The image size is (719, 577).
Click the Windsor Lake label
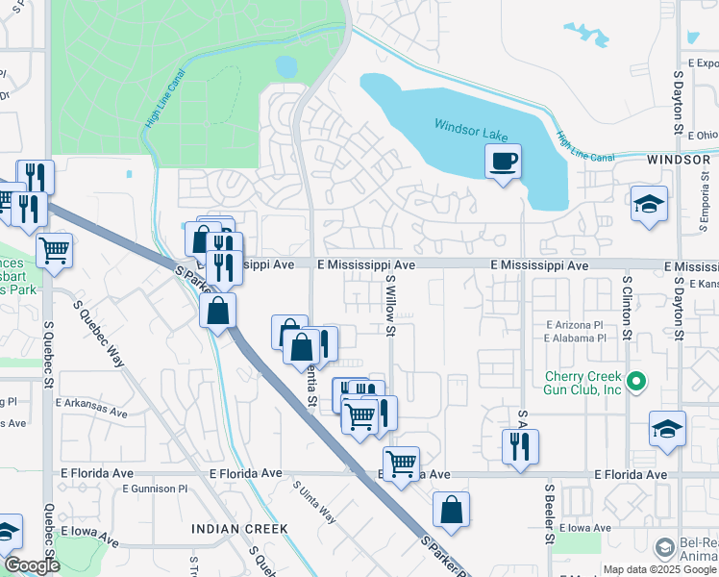coord(469,126)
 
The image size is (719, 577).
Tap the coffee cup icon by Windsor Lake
coord(502,161)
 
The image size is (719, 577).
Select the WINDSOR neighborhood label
coord(679,160)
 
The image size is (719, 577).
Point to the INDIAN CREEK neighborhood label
coord(238,529)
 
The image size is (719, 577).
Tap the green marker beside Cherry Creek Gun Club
coord(635,383)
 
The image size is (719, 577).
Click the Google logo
coord(32,565)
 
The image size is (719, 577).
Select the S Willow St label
coord(391,306)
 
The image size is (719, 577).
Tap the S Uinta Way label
coord(314,503)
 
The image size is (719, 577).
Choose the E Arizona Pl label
coord(575,325)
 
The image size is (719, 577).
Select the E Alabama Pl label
coord(575,338)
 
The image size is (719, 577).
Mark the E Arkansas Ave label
coord(91,412)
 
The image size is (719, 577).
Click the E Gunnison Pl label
coord(155,489)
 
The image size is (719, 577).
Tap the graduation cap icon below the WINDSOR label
coord(650,205)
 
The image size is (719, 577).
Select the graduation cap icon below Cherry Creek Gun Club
coord(667,429)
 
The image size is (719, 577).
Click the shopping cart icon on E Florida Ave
coord(401,464)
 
